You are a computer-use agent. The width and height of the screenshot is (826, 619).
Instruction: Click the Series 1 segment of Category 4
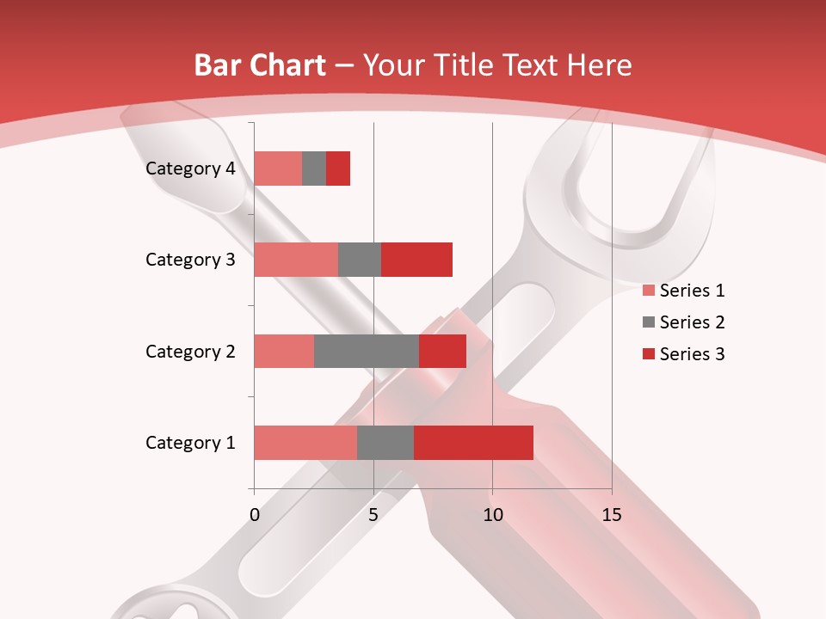pos(278,169)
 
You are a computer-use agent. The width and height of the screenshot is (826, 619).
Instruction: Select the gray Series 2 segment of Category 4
pos(314,169)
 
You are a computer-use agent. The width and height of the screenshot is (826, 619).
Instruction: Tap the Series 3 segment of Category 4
pos(338,169)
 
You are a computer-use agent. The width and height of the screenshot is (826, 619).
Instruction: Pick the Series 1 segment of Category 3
pos(296,260)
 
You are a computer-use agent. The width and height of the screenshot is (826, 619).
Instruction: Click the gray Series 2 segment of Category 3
pos(360,260)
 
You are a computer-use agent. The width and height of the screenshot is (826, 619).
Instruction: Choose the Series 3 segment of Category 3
pos(416,260)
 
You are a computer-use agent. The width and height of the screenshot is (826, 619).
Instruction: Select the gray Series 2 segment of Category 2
pos(367,351)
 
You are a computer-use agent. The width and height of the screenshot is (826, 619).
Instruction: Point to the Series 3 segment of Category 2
pos(442,351)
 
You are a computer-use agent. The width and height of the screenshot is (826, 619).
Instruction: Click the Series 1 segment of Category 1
pos(305,443)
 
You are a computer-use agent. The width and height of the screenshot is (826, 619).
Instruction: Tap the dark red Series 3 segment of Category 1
pos(473,443)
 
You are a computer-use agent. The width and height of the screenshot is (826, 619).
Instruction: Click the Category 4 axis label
pos(190,169)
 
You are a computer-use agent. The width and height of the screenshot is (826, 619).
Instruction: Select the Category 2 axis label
pos(190,352)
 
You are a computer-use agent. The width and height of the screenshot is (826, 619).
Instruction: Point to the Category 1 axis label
pos(190,443)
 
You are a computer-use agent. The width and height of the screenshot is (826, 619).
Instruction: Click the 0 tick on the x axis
pos(255,515)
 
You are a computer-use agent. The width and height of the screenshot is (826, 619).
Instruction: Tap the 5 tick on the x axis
pos(373,515)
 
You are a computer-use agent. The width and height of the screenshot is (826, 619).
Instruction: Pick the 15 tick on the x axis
pos(612,515)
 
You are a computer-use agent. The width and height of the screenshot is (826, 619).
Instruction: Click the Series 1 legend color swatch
pos(648,291)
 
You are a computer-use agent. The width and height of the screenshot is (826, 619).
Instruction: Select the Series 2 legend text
pos(692,322)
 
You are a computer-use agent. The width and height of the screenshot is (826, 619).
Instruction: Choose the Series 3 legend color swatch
pos(648,354)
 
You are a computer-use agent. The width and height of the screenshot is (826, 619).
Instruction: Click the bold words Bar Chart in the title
pos(260,65)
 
